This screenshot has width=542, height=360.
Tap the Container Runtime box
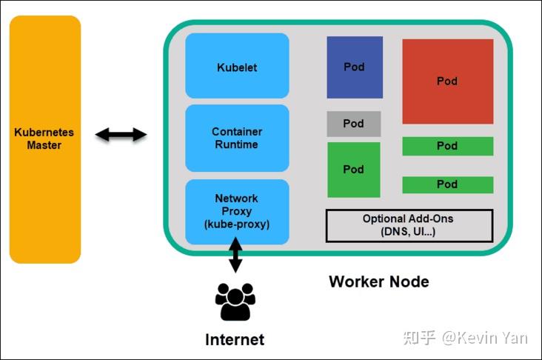coord(237,139)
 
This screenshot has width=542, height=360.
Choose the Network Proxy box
coord(237,211)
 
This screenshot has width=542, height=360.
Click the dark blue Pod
coord(355,67)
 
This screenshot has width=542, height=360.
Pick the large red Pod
coord(447,81)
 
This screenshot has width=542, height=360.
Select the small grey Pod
coord(354,124)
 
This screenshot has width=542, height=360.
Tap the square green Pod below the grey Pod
coord(354,170)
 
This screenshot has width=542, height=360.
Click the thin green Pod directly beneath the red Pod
coord(447,146)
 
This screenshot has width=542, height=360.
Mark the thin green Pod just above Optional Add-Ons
coord(447,184)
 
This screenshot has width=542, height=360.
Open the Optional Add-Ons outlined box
coord(409,226)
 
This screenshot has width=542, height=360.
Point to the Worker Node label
coord(378,282)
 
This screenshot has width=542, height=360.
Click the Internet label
coord(235,340)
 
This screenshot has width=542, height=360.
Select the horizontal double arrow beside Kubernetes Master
coord(121,134)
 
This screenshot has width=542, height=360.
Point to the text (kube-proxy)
coord(237,224)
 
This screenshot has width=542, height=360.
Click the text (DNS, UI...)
coord(408,232)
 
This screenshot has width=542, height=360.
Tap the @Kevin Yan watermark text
coord(485,338)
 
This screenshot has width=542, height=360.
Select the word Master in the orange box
coord(44,145)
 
